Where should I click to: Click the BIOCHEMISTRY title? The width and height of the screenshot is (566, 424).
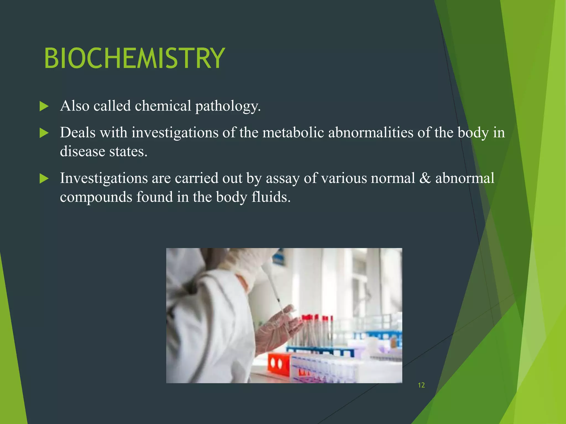[x=134, y=58]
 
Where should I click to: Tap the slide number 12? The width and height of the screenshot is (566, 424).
[x=421, y=385]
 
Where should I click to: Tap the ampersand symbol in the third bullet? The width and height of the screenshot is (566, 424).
[x=425, y=178]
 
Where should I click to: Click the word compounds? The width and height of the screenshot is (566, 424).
[x=96, y=197]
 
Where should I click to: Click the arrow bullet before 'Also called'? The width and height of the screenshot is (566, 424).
[x=44, y=106]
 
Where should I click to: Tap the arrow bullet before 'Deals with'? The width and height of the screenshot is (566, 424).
[x=44, y=133]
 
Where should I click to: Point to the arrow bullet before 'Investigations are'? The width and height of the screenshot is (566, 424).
[x=44, y=179]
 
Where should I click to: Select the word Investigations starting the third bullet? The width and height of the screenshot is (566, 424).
[x=104, y=178]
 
